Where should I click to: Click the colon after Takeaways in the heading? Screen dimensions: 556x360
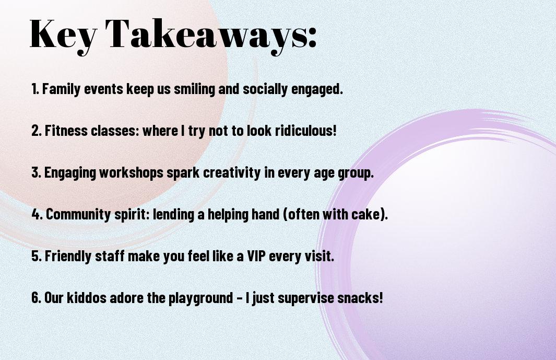click(x=311, y=37)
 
